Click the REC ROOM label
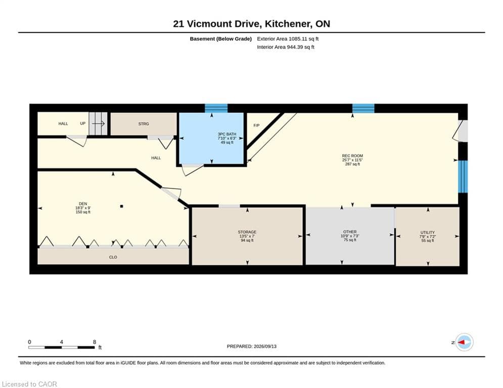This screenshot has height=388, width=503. (x=352, y=156)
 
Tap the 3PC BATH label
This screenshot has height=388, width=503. (x=227, y=134)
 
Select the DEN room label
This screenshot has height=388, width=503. (x=83, y=204)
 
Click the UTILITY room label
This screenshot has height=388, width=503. (x=428, y=232)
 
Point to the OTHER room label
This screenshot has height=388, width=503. (x=350, y=232)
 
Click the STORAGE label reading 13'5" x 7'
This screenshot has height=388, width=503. (x=247, y=236)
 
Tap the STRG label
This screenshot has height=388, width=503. (x=144, y=124)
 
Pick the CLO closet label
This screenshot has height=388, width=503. (x=113, y=257)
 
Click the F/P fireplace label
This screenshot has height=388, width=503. (x=256, y=125)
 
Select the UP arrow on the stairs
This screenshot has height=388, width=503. (x=99, y=123)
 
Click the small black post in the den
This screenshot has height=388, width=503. (x=122, y=207)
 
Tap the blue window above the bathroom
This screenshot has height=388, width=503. (x=216, y=108)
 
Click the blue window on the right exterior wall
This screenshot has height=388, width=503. (x=463, y=177)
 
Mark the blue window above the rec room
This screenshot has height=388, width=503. (x=363, y=109)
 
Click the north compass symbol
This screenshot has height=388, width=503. (x=464, y=342)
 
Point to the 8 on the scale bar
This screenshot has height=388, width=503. (x=95, y=342)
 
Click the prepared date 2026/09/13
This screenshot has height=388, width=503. (x=265, y=346)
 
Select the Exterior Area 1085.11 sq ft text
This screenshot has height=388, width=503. (x=288, y=39)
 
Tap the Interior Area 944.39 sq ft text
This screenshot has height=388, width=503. (x=286, y=47)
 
